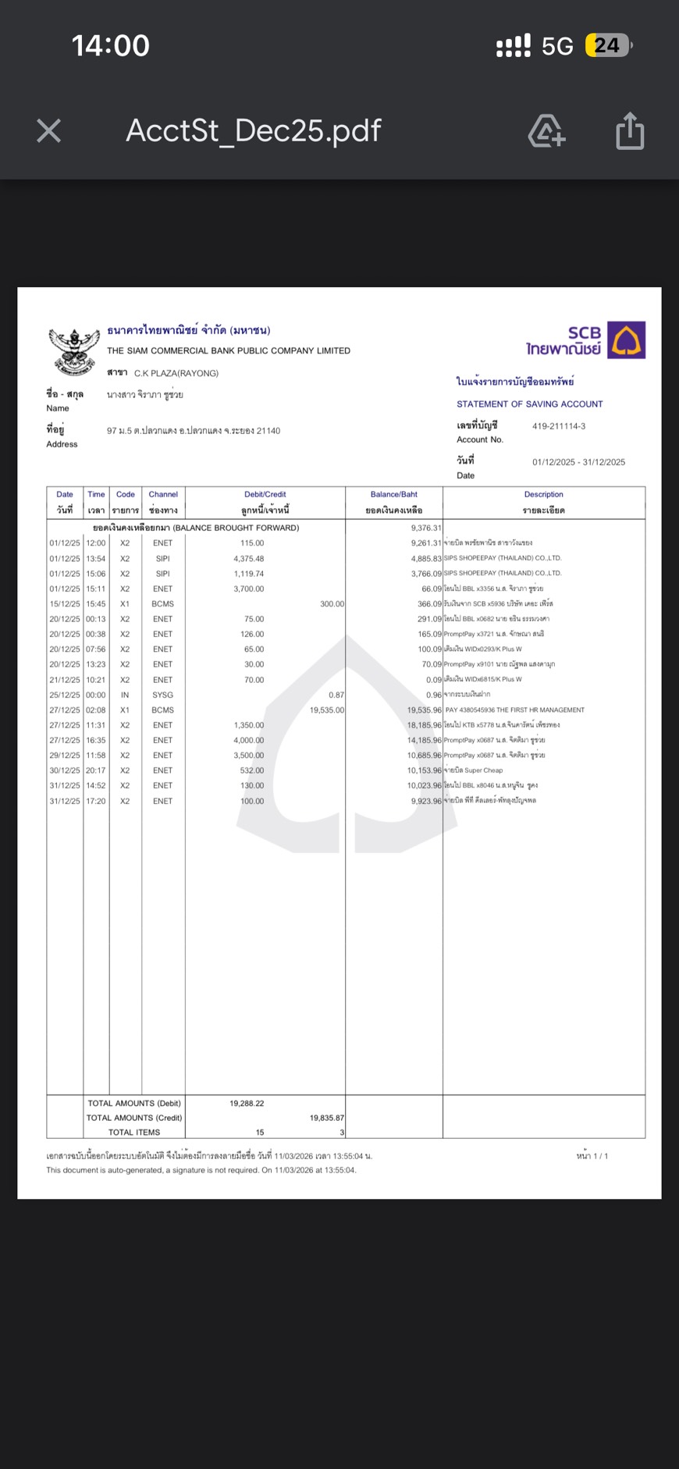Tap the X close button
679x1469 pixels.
coord(48,130)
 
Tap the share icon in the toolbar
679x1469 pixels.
coord(630,130)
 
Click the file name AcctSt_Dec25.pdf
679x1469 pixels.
coord(254,130)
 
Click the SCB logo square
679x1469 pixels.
coord(627,340)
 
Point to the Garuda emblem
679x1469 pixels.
coord(74,350)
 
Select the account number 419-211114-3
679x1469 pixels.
coord(559,426)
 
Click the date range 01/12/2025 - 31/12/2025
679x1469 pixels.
coord(578,462)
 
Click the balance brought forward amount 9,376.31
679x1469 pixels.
coord(426,528)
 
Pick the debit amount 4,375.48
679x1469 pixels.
coord(249,558)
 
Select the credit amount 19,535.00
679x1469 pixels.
coord(327,710)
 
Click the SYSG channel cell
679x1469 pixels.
coord(163,695)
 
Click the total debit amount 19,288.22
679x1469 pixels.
coord(247,1103)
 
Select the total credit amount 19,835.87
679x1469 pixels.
coord(327,1118)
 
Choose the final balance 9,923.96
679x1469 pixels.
coord(426,801)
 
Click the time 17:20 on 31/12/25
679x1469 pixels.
coord(96,801)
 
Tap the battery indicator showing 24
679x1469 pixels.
coord(607,46)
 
